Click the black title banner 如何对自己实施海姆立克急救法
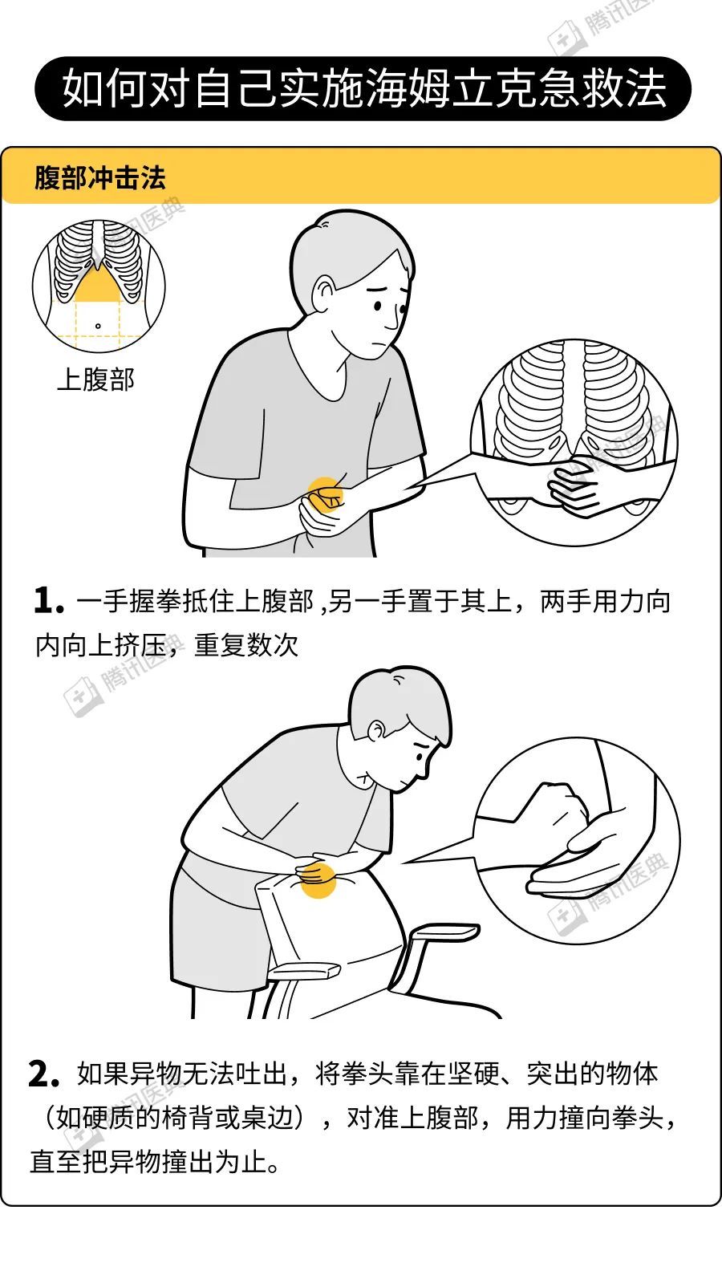tap(363, 88)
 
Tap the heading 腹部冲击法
tap(100, 179)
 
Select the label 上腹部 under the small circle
tap(96, 380)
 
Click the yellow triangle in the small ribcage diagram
tap(98, 286)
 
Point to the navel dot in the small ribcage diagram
tap(98, 326)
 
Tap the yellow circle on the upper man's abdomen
tap(326, 494)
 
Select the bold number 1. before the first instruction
tap(48, 602)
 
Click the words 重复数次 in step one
tap(246, 646)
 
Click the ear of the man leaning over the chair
tap(376, 731)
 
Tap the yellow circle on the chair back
tap(318, 879)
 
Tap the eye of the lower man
tap(420, 757)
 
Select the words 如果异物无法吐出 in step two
tap(182, 1074)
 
